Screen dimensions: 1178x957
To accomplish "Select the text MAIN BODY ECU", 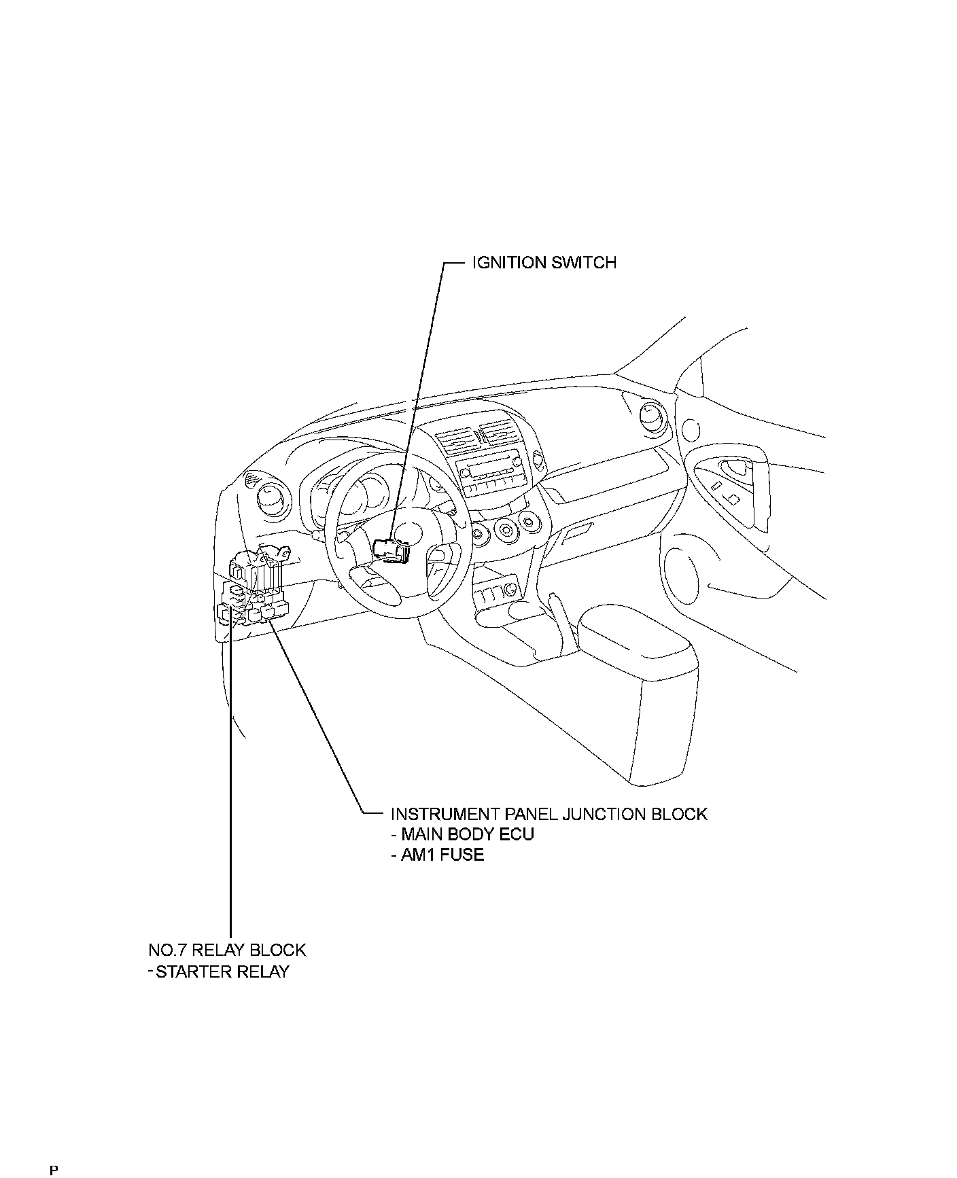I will click(x=468, y=834).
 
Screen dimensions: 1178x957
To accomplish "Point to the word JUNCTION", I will click(x=603, y=813).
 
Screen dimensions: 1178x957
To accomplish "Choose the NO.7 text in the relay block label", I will click(x=169, y=949).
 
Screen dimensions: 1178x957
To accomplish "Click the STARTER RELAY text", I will click(x=222, y=971).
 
